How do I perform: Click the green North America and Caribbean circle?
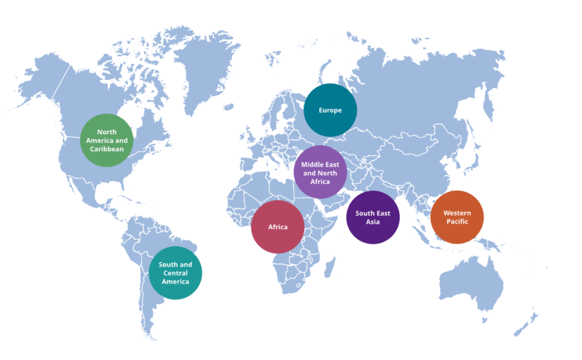coord(107,140)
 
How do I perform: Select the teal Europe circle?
coord(330,110)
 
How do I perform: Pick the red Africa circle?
coord(278,227)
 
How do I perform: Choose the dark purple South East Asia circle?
coord(373,217)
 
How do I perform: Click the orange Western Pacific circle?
coord(457,217)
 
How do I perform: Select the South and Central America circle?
coord(175,273)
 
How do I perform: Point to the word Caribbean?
coord(107,149)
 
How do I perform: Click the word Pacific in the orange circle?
coord(457,222)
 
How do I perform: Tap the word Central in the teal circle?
coord(175,273)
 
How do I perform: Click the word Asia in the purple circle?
coord(373,222)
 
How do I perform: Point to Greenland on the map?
coord(206,72)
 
